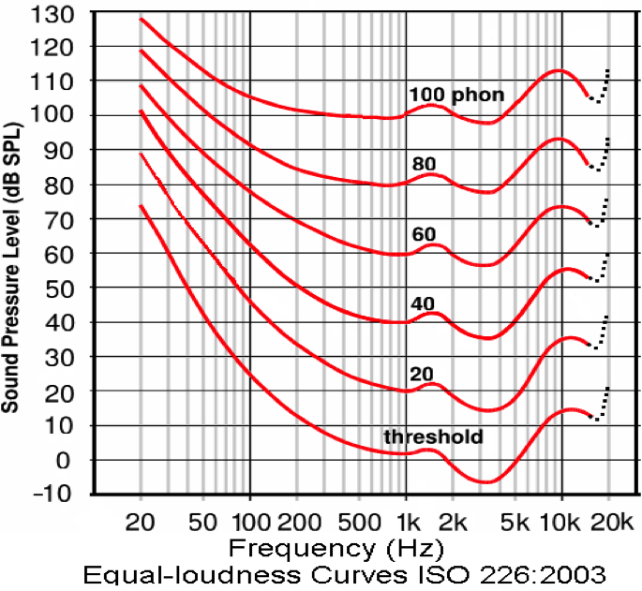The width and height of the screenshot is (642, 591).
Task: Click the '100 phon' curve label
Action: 456,95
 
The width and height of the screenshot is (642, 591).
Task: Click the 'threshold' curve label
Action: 433,437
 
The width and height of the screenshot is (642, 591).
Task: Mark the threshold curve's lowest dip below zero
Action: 485,481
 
